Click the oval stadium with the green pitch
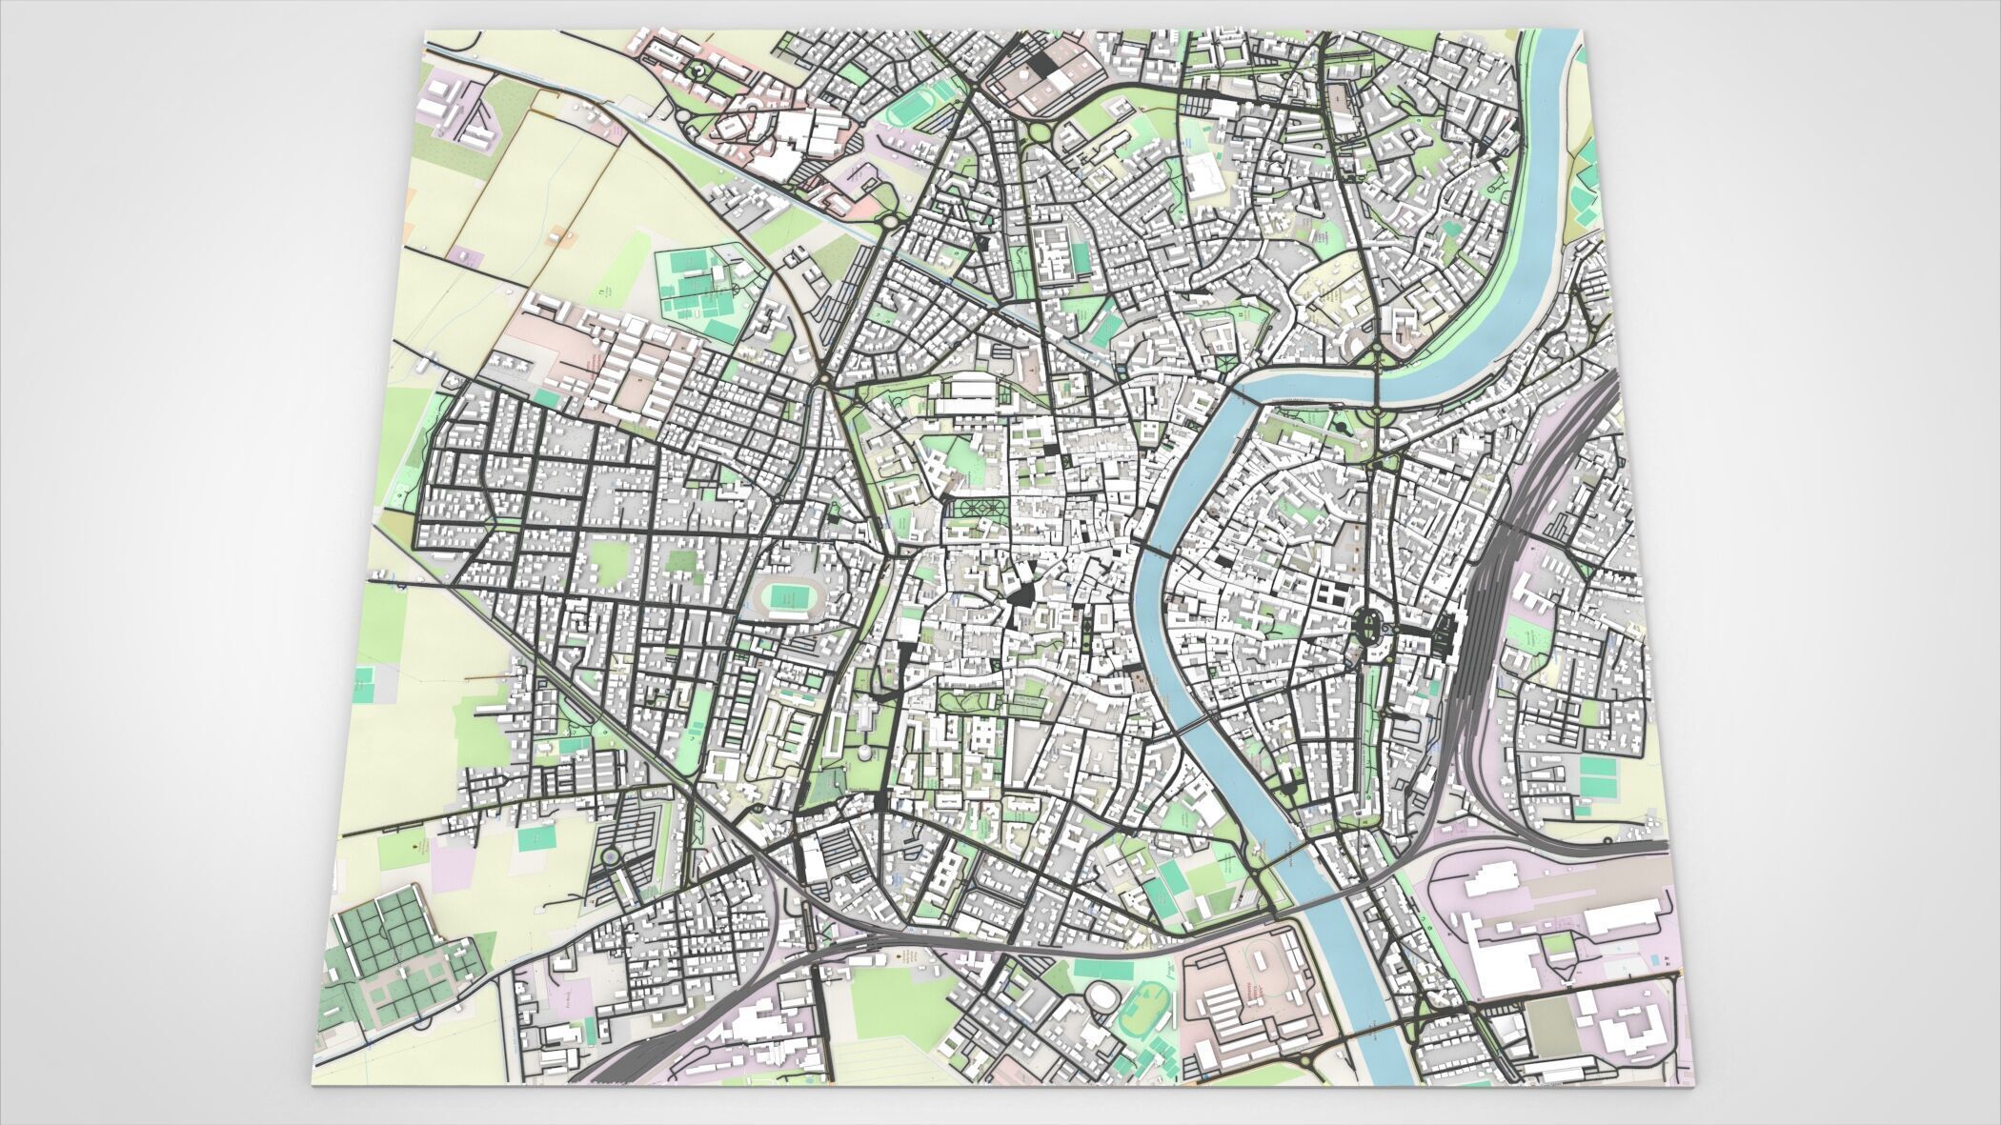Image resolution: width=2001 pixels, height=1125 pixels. click(x=787, y=597)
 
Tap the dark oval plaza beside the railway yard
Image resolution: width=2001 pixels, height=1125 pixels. click(x=1372, y=626)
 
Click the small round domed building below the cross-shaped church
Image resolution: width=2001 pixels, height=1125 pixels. click(x=864, y=753)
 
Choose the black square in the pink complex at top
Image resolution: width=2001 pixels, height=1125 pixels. click(x=1044, y=65)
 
